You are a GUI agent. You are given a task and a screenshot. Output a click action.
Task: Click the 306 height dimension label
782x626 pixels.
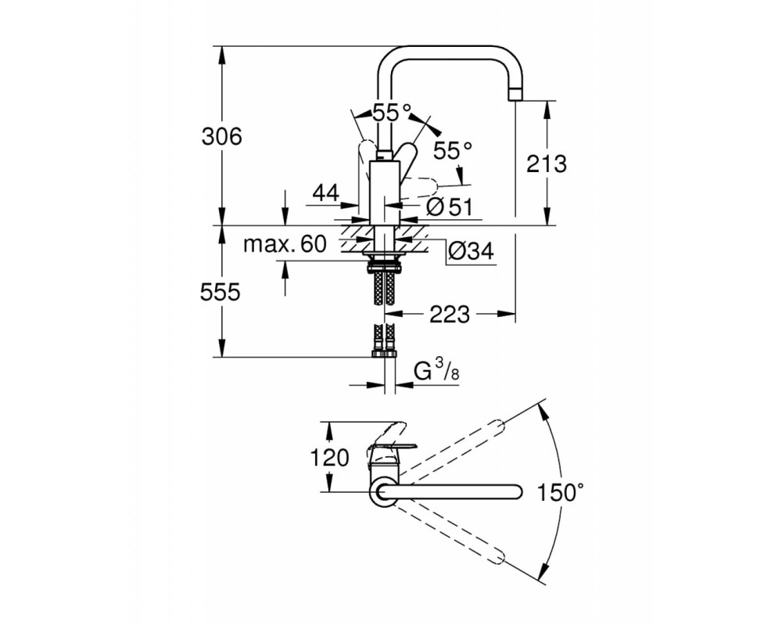tap(221, 136)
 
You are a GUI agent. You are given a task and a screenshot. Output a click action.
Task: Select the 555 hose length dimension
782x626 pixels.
tap(220, 292)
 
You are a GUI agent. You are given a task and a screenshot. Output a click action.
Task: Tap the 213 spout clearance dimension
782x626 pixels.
tap(547, 164)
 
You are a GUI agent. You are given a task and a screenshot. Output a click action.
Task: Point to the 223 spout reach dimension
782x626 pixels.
tap(450, 315)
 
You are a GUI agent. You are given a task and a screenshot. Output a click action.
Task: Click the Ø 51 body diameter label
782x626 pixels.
tap(450, 206)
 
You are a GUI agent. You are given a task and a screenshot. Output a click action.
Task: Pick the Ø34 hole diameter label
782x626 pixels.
tap(471, 251)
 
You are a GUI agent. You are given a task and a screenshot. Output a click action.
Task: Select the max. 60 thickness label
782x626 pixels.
tap(285, 244)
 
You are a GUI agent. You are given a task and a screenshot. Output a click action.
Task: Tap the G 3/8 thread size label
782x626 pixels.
tap(436, 371)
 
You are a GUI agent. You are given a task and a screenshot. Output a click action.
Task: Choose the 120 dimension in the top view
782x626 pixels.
tap(330, 458)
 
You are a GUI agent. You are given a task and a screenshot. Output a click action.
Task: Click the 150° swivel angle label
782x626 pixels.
tap(560, 493)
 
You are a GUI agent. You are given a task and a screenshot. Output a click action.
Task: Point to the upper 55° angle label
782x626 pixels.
tap(393, 113)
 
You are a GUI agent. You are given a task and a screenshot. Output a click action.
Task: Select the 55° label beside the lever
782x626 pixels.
tap(452, 150)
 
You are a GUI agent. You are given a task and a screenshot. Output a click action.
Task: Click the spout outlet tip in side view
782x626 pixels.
tap(515, 93)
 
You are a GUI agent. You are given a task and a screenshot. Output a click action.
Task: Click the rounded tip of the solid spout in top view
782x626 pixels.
tap(518, 492)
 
